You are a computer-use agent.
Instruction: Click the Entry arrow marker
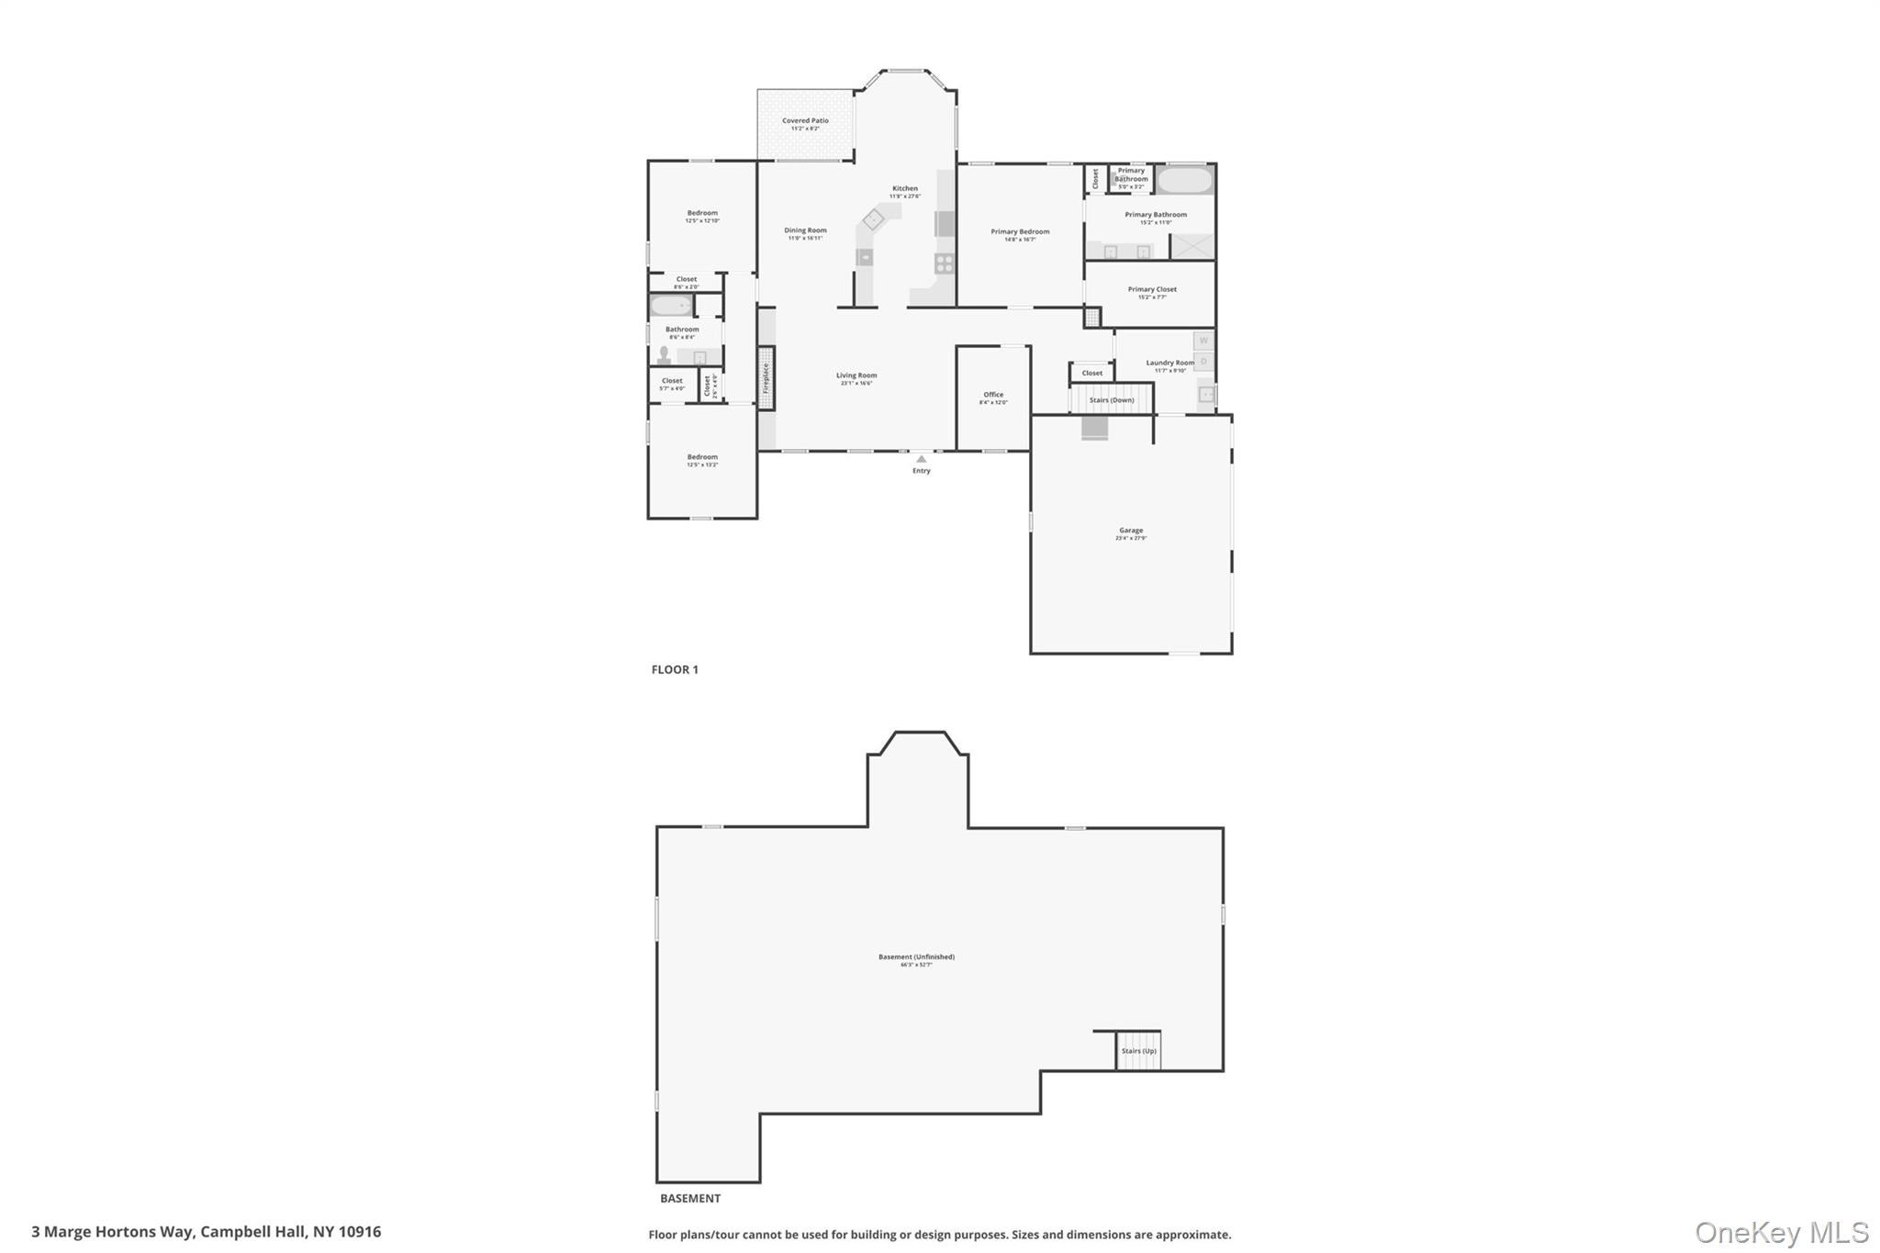point(921,459)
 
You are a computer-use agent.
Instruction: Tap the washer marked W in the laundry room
point(1203,341)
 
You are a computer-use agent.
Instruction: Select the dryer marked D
point(1203,362)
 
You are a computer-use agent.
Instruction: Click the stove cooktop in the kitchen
point(945,264)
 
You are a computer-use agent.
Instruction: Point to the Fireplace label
point(766,378)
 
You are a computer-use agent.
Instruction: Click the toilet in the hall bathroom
point(664,355)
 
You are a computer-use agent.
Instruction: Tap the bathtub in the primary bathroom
point(1184,180)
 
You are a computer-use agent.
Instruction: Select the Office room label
point(993,395)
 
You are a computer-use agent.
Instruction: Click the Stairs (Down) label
point(1111,400)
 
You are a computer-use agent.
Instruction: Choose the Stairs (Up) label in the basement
point(1138,1051)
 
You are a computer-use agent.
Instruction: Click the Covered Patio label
point(805,121)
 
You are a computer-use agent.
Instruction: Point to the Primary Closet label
point(1152,290)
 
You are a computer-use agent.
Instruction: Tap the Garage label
point(1131,531)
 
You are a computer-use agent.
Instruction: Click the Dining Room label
point(805,231)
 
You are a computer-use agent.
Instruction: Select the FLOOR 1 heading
point(675,670)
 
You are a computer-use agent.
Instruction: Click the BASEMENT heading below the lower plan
point(690,1199)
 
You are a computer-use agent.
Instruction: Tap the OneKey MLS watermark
point(1781,1233)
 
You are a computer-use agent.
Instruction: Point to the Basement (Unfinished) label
point(916,957)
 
